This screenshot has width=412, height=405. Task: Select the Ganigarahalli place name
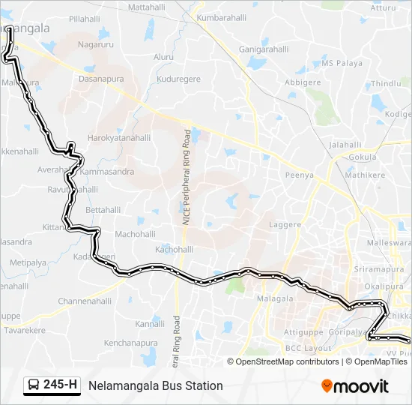pyautogui.click(x=264, y=50)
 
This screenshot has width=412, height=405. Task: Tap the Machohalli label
pyautogui.click(x=135, y=234)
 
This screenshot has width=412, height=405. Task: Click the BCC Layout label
pyautogui.click(x=308, y=349)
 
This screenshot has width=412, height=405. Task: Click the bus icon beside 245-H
pyautogui.click(x=34, y=385)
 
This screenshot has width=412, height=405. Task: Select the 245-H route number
pyautogui.click(x=61, y=385)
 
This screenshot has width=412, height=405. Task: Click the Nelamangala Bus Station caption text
pyautogui.click(x=156, y=386)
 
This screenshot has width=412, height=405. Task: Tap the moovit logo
pyautogui.click(x=355, y=385)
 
